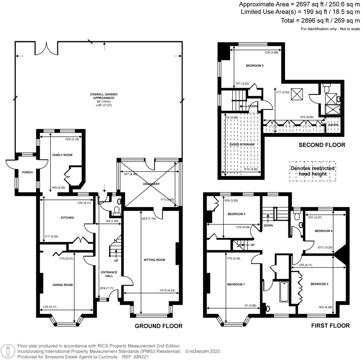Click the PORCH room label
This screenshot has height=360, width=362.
coord(27,172)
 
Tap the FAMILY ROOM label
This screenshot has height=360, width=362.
coord(62,155)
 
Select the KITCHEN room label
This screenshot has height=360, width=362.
coord(68,217)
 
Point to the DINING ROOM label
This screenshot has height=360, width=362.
coord(63,285)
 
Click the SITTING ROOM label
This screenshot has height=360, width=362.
coord(154,260)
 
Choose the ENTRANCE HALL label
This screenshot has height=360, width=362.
coord(109,274)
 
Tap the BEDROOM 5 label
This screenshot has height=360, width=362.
coord(255,65)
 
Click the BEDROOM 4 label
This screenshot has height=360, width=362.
coord(324,231)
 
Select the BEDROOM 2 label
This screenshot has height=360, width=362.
coord(320,284)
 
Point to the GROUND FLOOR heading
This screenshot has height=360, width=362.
coord(159,326)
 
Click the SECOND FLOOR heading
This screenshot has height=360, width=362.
coord(322,145)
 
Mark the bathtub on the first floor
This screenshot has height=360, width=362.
coord(284,292)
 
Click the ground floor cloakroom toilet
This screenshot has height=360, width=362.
coord(117,211)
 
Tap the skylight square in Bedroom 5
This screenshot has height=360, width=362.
coord(297,94)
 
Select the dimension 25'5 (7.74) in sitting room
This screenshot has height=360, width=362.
coord(148,219)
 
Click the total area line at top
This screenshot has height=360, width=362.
coord(320,21)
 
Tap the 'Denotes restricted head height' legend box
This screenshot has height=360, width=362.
coord(313,171)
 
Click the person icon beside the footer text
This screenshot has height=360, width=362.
coord(8,352)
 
